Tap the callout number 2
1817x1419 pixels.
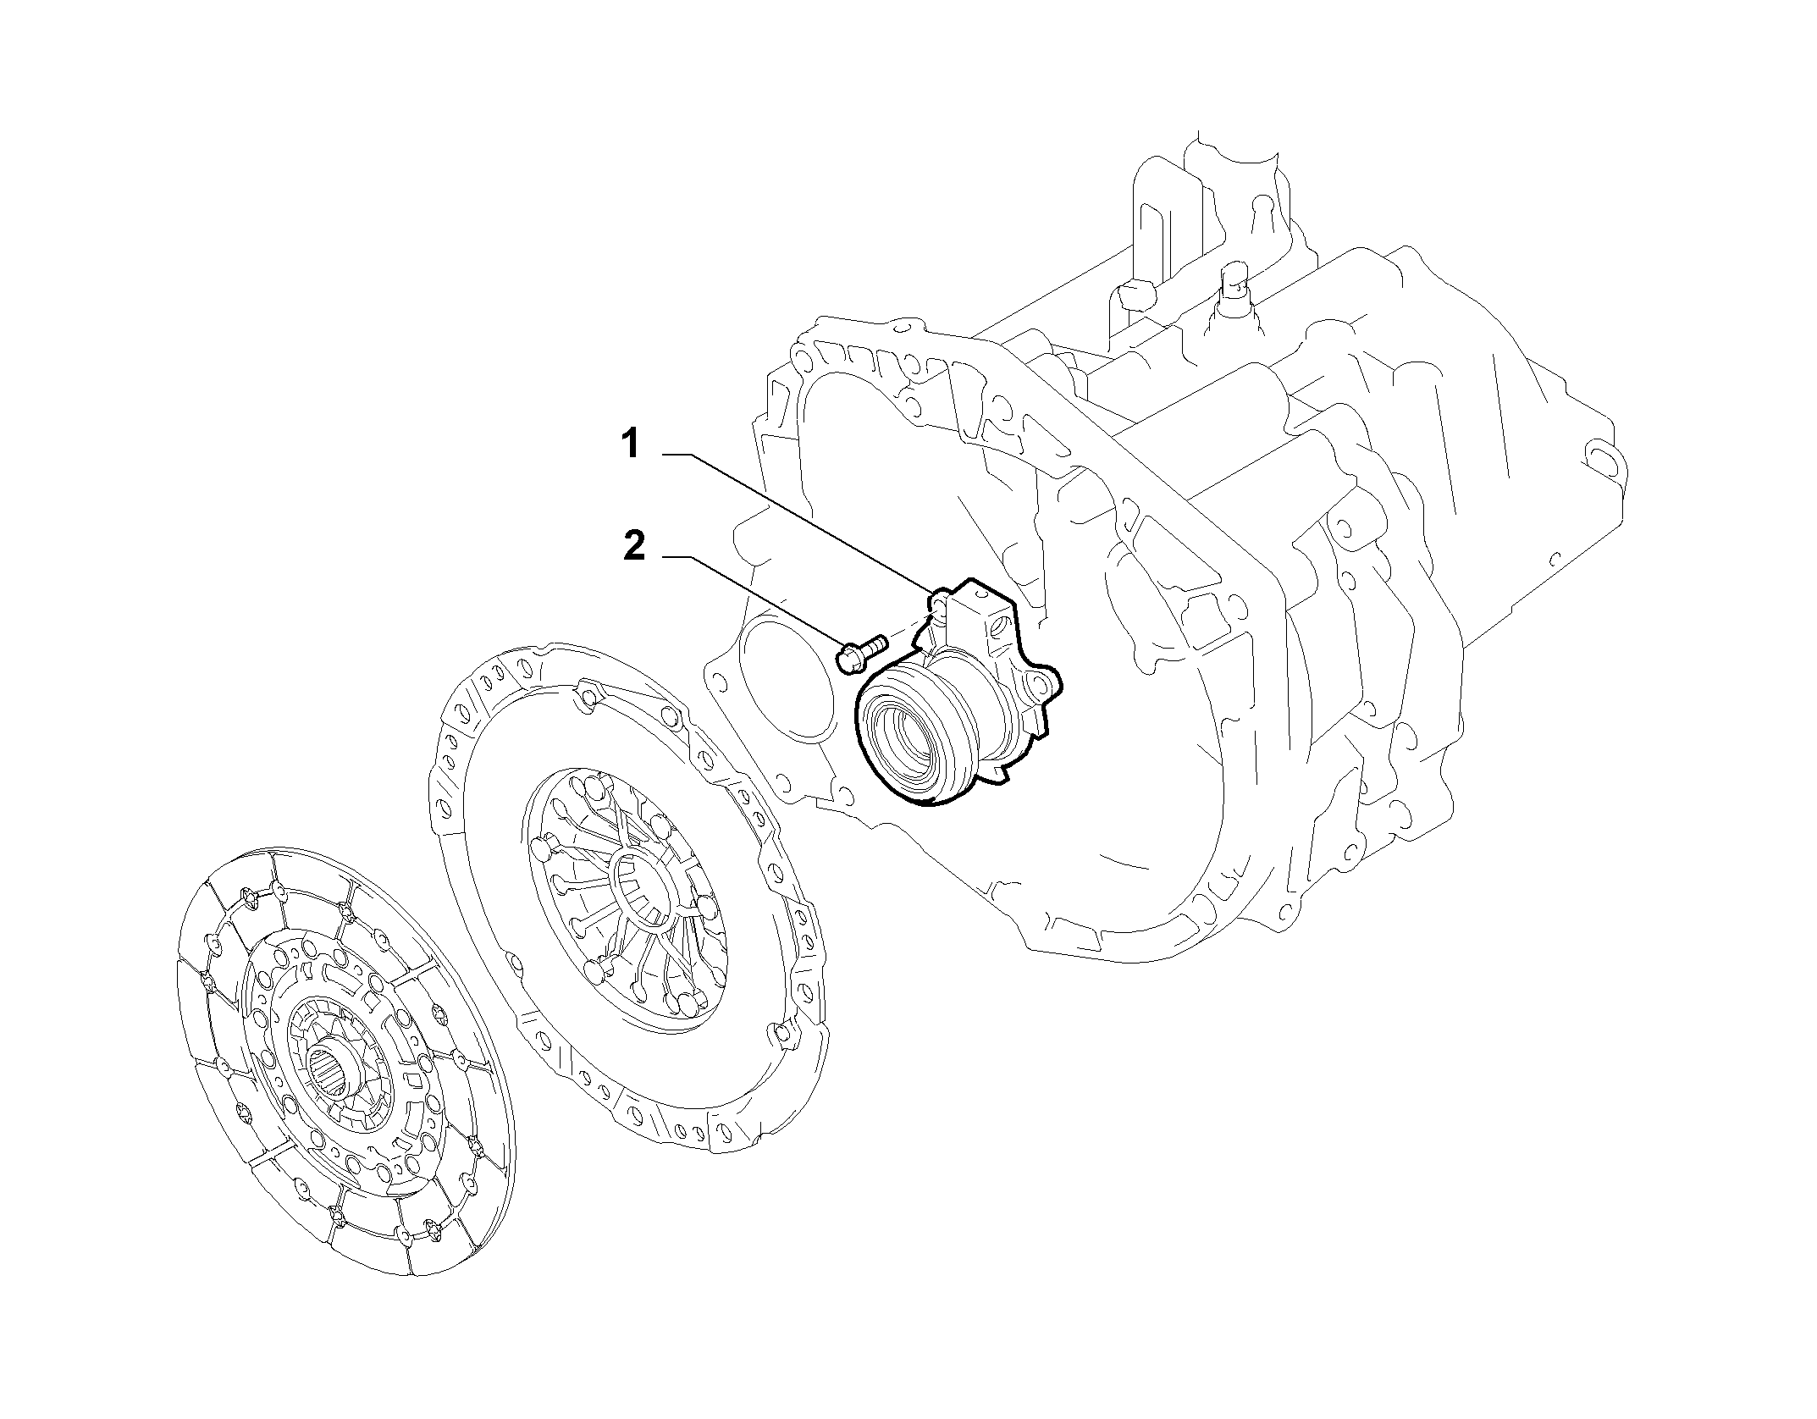(634, 546)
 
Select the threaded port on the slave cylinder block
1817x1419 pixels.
(1000, 628)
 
